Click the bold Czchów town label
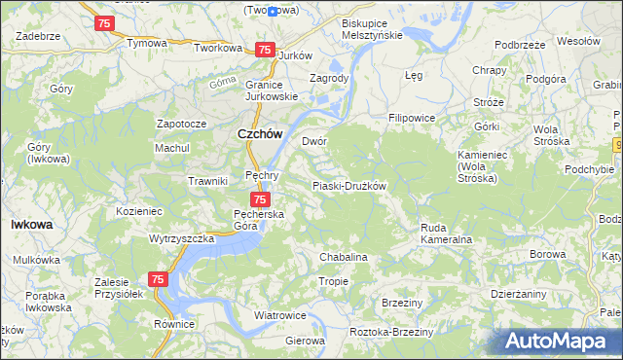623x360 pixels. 260,135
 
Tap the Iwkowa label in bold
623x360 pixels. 31,224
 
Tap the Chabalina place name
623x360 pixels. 344,257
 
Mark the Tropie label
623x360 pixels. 334,281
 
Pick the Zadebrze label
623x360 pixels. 38,35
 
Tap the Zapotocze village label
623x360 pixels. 182,125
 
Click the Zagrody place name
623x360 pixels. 328,78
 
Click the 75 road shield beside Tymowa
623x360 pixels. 104,22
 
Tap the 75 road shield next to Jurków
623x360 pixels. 264,50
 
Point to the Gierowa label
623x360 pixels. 305,341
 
